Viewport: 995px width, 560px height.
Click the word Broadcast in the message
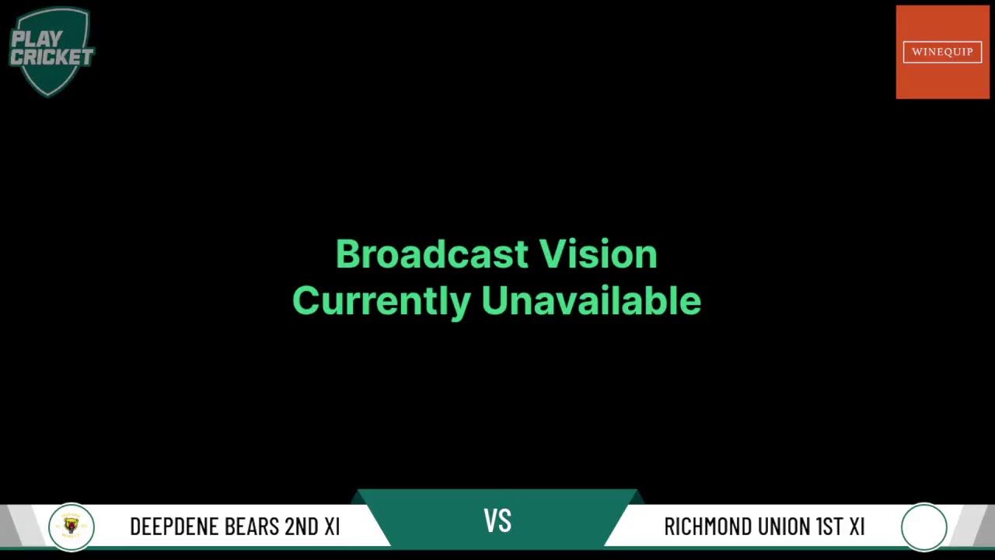[432, 254]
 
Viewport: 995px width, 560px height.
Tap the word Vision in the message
[599, 254]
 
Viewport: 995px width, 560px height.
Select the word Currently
[381, 301]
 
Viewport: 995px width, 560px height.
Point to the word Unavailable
[591, 301]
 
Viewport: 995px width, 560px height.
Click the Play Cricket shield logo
[51, 51]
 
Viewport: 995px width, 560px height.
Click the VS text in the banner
[497, 521]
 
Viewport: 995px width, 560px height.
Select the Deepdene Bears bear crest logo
[71, 527]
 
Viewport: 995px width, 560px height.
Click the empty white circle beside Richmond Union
[923, 527]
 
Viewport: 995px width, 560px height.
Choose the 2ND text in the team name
[302, 527]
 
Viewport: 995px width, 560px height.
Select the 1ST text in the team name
[829, 527]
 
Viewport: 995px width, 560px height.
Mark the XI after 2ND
[332, 527]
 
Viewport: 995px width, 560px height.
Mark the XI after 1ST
[857, 527]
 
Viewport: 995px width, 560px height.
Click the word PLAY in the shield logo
[37, 38]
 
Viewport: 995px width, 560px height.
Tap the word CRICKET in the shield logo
[51, 57]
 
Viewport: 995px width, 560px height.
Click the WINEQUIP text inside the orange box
[942, 52]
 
